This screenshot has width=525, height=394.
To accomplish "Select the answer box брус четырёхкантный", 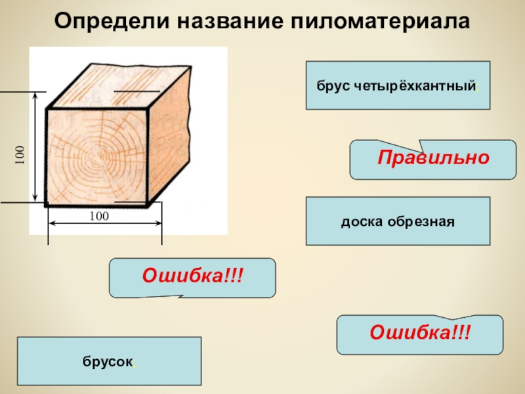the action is [398, 85].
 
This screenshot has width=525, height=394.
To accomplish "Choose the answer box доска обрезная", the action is [398, 221].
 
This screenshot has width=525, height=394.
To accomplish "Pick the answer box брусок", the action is [110, 361].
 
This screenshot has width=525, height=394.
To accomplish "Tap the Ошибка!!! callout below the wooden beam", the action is [192, 278].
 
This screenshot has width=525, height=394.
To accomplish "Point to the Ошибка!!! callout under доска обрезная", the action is [420, 334].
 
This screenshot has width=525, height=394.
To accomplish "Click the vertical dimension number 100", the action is [20, 155].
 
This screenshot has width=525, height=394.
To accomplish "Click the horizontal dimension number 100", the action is [99, 216].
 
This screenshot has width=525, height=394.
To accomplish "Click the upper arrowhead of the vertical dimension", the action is [35, 96].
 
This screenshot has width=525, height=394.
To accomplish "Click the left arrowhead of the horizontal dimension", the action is [53, 223].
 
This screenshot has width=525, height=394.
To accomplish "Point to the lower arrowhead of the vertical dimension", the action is [35, 198].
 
